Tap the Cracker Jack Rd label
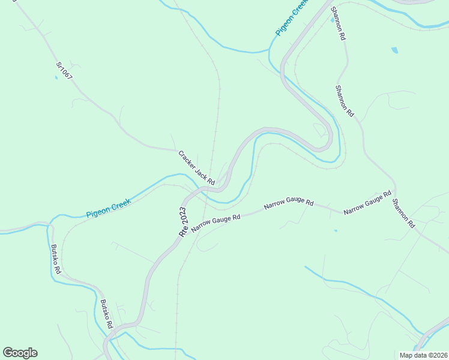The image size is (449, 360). coord(196,167)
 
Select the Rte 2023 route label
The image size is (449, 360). coord(182,221)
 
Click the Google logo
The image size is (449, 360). coord(20,353)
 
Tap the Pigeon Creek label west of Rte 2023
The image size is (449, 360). coord(108,206)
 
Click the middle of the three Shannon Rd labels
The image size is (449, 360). coord(345,100)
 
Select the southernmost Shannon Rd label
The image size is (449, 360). coord(403,213)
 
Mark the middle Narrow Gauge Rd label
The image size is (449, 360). coord(289,204)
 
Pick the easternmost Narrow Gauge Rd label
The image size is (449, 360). coord(367,203)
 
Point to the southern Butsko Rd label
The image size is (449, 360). coord(107,313)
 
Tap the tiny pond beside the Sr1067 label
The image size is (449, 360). coord(56,77)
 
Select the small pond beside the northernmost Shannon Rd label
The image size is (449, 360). coord(332,20)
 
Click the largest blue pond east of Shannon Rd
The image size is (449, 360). coord(394,50)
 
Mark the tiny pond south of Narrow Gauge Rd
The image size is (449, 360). coord(335,230)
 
